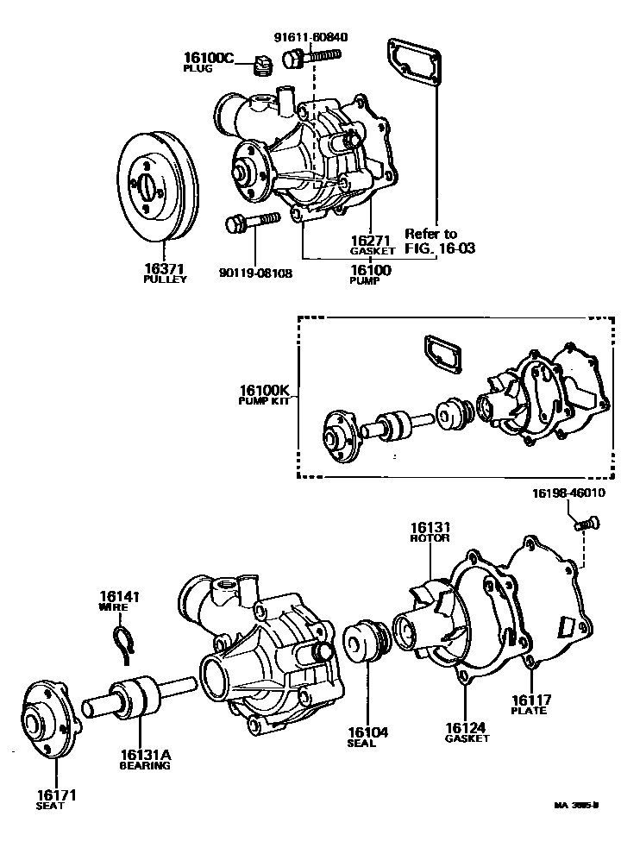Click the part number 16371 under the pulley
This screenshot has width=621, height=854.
point(165,269)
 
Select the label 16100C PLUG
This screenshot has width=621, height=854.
point(208,63)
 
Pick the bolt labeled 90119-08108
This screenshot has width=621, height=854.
point(250,223)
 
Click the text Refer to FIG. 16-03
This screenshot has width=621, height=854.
point(442,240)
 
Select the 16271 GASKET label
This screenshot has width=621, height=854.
point(372,244)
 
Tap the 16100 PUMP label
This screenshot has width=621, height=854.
point(371,274)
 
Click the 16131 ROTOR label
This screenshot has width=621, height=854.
point(430,531)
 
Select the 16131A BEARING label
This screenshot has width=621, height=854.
point(145,759)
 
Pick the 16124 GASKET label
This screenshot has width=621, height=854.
point(467,732)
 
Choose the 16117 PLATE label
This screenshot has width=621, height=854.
point(530,704)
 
